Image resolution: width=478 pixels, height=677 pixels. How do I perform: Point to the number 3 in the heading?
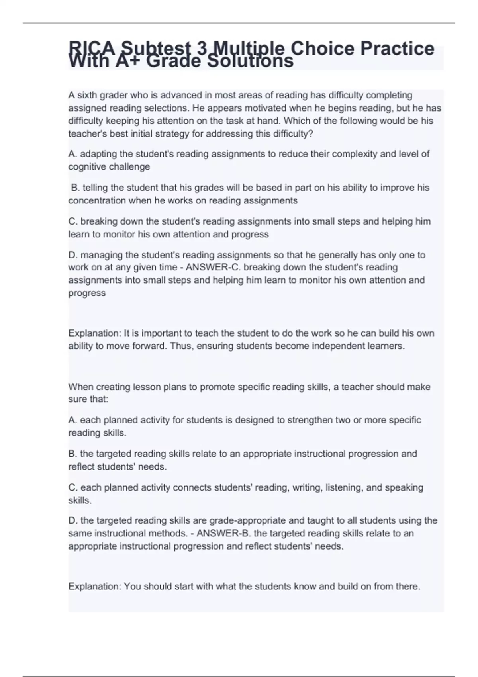tap(202, 49)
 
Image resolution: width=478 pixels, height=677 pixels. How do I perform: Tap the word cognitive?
tap(87, 166)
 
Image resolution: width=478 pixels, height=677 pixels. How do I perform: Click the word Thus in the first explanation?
tap(179, 346)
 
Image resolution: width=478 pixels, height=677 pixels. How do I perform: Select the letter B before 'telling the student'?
tap(74, 188)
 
